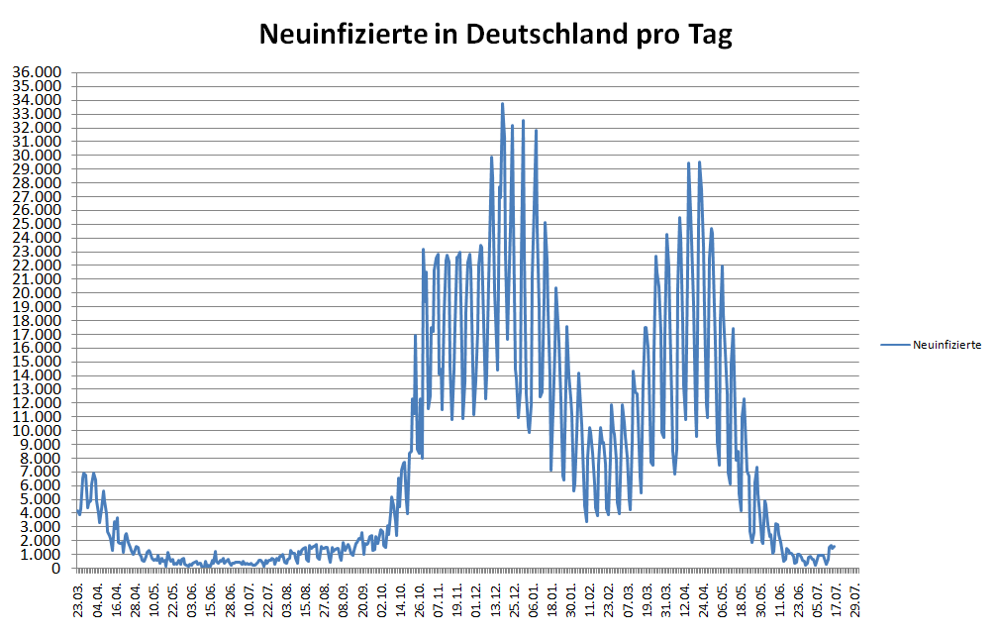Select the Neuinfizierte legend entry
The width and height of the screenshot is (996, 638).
point(946,345)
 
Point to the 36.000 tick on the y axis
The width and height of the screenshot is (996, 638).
point(36,72)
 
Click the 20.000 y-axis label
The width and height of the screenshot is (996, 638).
point(36,293)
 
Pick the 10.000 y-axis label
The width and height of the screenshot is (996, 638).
point(36,431)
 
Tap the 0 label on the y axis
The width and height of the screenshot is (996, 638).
point(57,569)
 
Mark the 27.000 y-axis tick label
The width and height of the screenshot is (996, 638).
point(36,196)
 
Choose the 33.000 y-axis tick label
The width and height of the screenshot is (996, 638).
point(36,114)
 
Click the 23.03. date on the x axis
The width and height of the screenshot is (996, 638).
point(79,600)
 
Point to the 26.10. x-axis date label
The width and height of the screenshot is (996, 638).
point(421,600)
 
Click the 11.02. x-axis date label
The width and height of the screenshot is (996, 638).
point(591,600)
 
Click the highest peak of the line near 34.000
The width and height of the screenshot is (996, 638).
point(502,104)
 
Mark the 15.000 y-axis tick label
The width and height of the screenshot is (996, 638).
point(36,362)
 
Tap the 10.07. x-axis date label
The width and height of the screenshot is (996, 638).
point(249,600)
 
